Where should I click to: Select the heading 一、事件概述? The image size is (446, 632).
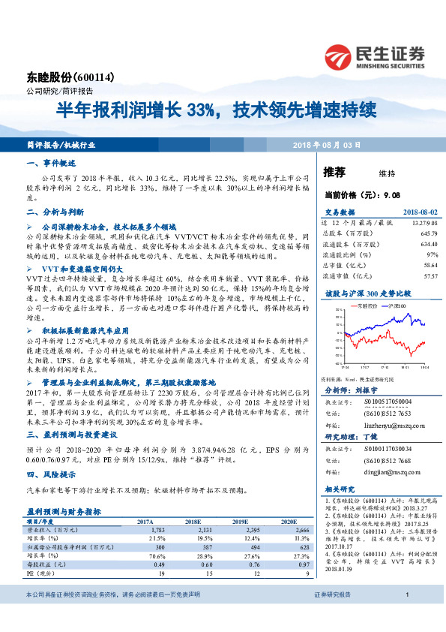(x=51, y=163)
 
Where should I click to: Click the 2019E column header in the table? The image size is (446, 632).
(x=239, y=520)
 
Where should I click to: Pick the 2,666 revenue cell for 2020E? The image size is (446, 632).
(x=298, y=530)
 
